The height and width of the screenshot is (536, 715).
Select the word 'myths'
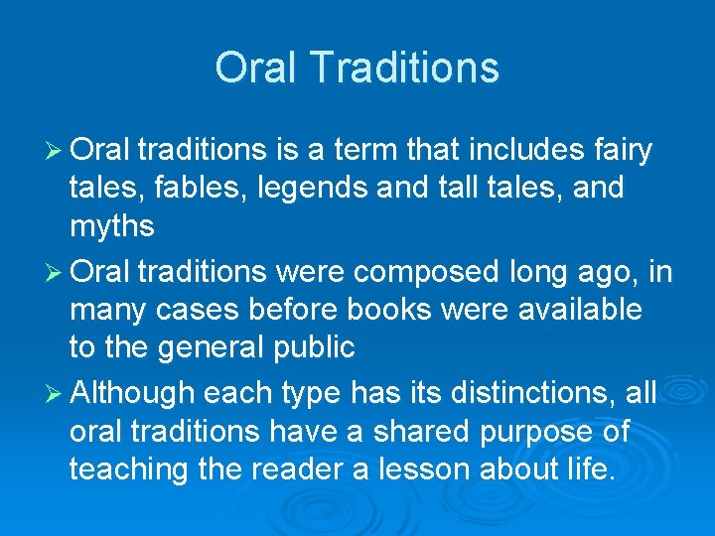click(x=111, y=227)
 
